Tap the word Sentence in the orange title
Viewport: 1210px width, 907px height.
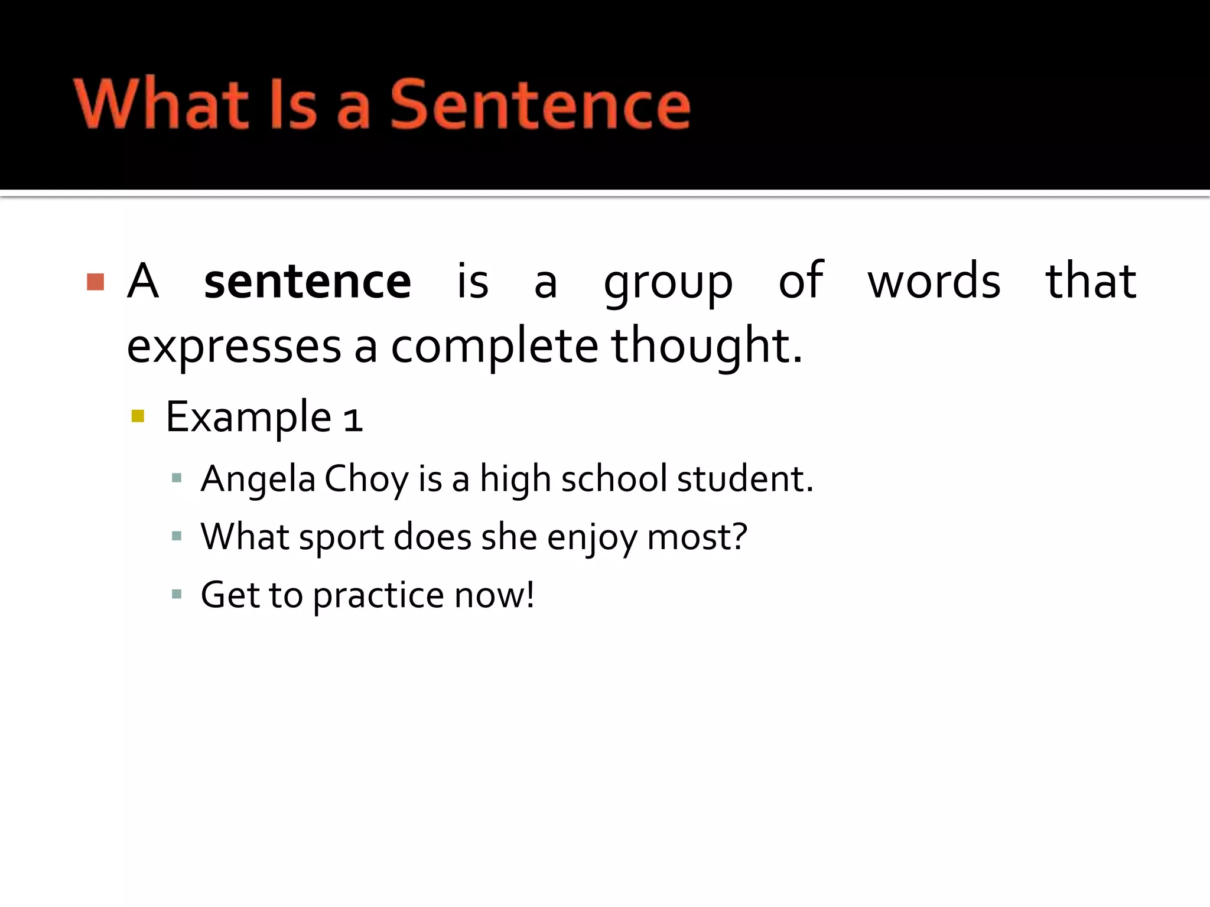click(x=540, y=104)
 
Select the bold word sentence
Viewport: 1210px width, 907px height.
click(x=307, y=282)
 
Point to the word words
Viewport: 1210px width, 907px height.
click(x=934, y=281)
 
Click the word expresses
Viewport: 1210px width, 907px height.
click(x=234, y=347)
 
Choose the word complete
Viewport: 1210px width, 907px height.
click(x=495, y=347)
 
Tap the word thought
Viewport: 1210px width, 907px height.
click(x=707, y=346)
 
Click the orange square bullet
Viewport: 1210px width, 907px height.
click(x=95, y=282)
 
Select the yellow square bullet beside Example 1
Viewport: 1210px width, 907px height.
click(x=138, y=416)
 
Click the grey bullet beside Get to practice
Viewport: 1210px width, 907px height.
click(x=176, y=594)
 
